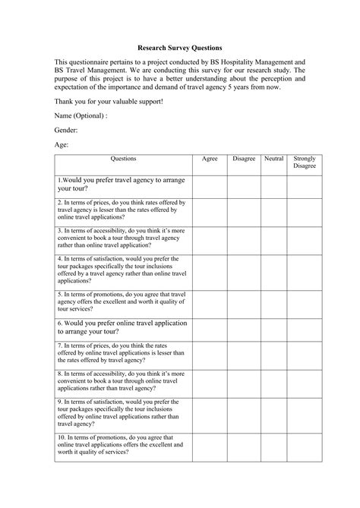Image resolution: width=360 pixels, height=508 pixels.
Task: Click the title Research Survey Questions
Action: [180, 47]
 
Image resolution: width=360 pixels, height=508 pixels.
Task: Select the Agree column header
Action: [210, 159]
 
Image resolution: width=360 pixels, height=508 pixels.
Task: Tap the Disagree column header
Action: [244, 159]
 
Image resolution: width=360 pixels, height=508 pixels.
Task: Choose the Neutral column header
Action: [274, 159]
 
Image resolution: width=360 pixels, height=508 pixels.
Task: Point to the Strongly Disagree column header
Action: [305, 162]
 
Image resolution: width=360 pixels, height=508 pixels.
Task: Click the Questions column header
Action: [123, 159]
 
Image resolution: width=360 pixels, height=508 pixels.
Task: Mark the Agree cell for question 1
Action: [210, 185]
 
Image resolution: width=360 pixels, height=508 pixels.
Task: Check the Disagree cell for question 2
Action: [244, 210]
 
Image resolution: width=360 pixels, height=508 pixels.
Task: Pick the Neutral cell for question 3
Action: [274, 238]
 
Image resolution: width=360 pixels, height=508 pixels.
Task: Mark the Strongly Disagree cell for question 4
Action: [305, 270]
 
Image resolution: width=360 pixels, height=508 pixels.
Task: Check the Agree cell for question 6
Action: [210, 328]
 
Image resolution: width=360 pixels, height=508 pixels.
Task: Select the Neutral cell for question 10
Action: [274, 446]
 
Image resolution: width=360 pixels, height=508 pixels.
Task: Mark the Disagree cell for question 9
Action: [244, 413]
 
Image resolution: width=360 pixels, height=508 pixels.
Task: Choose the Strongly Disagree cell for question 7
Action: [305, 355]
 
